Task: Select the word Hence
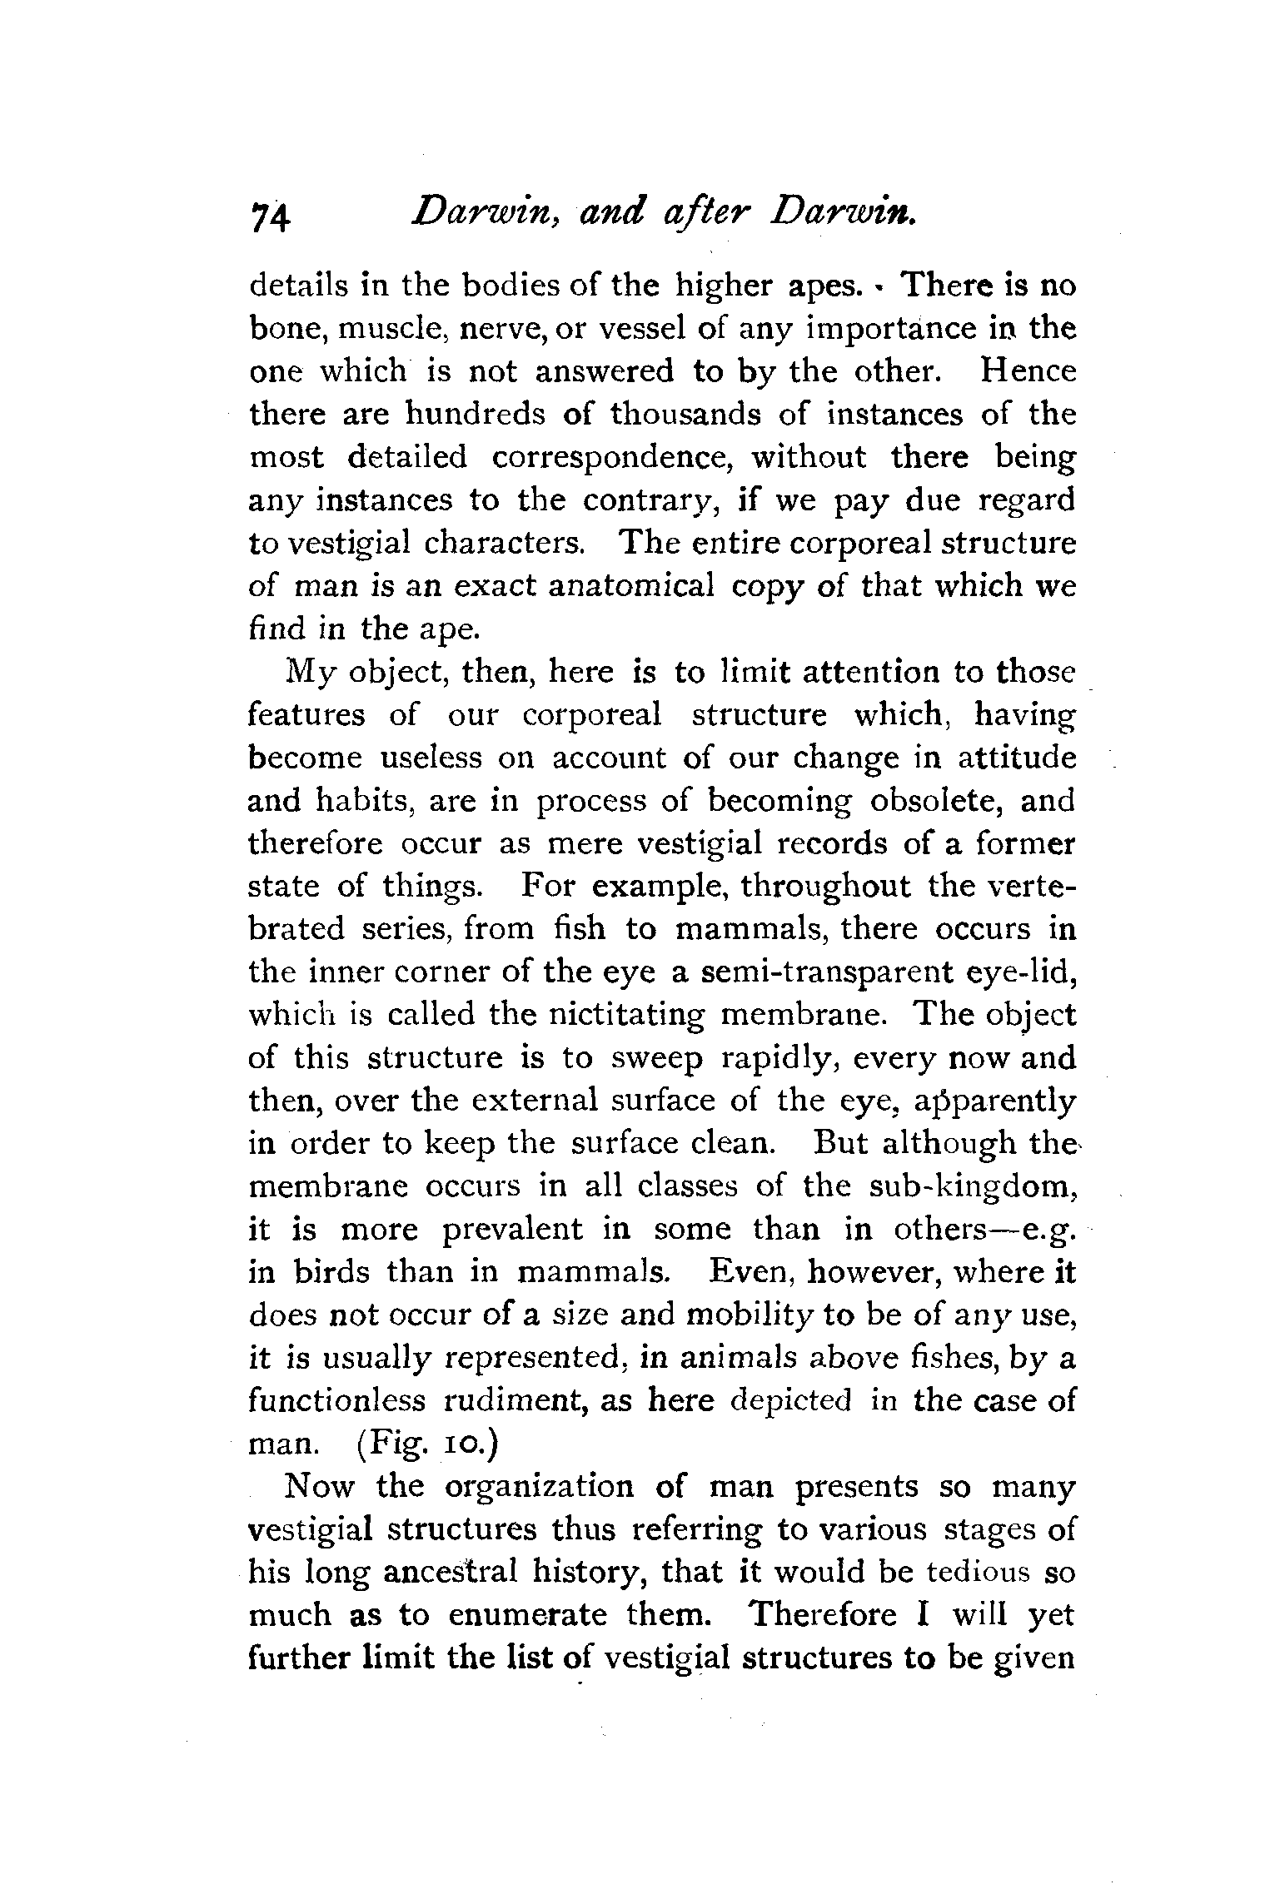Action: coord(1028,371)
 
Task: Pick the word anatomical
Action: coord(631,586)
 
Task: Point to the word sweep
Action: coord(657,1059)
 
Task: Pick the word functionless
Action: coord(337,1401)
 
